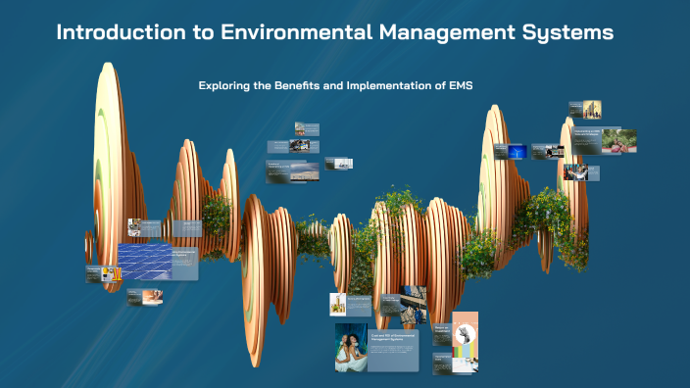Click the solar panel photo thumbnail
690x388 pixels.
pos(144,262)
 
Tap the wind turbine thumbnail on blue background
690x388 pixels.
pos(517,152)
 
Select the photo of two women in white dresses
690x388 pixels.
pos(351,348)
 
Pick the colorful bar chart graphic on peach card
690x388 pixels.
pos(467,353)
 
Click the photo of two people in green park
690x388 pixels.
pos(619,140)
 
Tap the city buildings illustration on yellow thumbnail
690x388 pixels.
pos(592,110)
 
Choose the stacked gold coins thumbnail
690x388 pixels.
pos(338,304)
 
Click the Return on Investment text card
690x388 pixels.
pos(441,335)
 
